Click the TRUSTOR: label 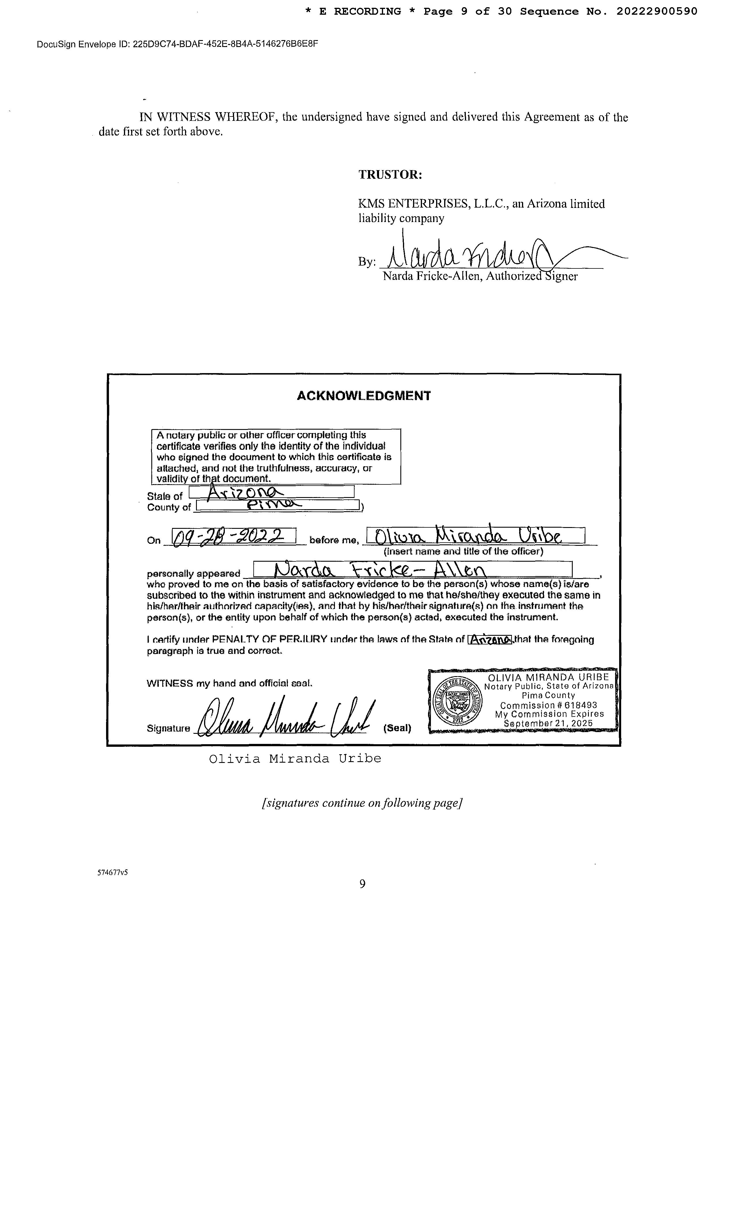point(390,174)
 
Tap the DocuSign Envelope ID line point(177,44)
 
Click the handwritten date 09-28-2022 point(233,536)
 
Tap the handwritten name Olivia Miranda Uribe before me point(468,535)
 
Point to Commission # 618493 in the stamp point(548,705)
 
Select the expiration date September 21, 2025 point(548,723)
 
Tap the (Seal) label point(397,728)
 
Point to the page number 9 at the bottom point(363,884)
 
